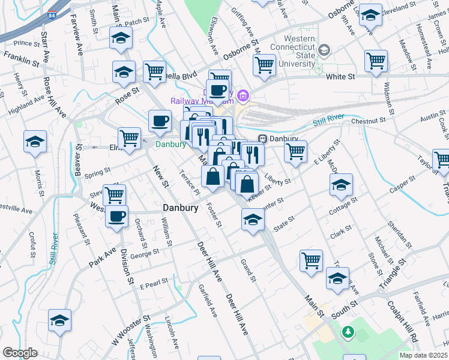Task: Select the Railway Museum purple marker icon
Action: click(x=243, y=95)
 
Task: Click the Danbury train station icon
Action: click(x=262, y=139)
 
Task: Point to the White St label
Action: click(x=340, y=77)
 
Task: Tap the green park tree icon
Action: click(x=348, y=331)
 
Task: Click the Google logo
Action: click(x=20, y=353)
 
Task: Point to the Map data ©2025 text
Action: click(x=423, y=355)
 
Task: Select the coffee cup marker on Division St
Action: click(x=116, y=216)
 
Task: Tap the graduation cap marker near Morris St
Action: click(x=35, y=142)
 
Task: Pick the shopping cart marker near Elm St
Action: click(x=129, y=138)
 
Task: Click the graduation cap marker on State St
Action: click(x=253, y=220)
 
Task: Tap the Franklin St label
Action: click(x=21, y=58)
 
